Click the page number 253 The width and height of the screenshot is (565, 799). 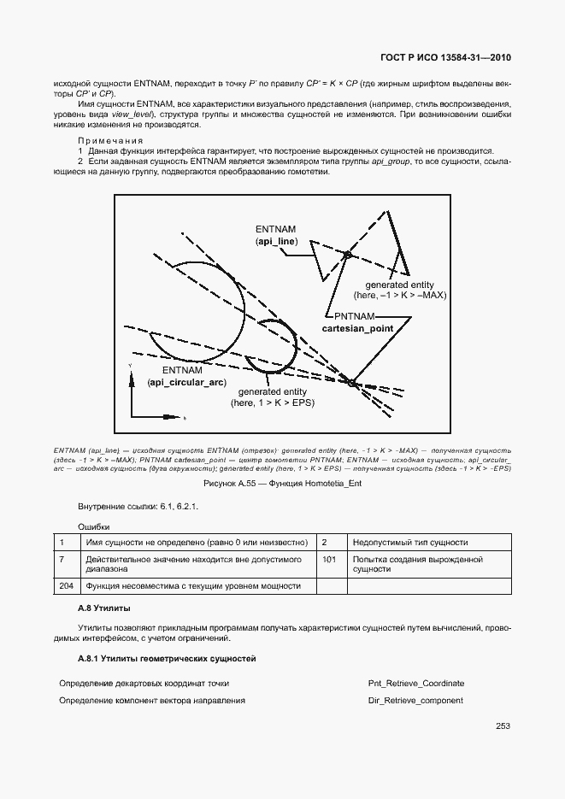[x=503, y=726]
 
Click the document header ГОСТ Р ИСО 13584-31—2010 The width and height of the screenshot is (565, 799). [x=445, y=58]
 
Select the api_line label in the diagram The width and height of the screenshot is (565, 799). [x=275, y=243]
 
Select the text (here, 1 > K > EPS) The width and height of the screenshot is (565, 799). [x=273, y=402]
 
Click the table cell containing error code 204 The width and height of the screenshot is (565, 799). [x=66, y=585]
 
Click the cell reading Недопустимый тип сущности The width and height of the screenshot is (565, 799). [x=409, y=542]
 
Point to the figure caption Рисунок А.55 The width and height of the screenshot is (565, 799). [x=281, y=485]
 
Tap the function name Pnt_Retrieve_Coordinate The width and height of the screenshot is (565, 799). [x=415, y=684]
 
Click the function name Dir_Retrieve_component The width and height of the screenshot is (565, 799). [x=415, y=701]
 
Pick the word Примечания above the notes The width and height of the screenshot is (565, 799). [x=110, y=140]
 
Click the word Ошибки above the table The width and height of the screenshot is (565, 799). [x=94, y=526]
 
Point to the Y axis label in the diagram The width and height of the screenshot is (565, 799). [x=130, y=365]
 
